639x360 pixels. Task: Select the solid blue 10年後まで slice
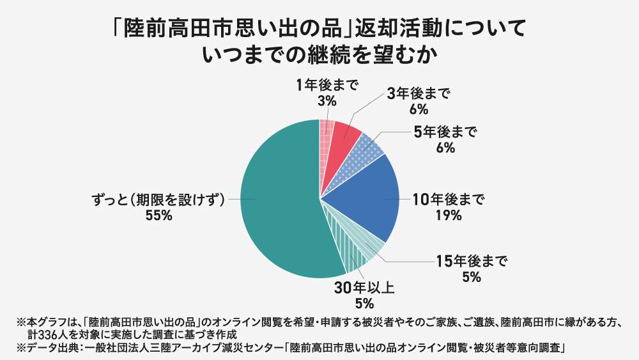pyautogui.click(x=364, y=198)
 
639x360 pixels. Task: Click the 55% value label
pyautogui.click(x=159, y=215)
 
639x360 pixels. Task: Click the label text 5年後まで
pyautogui.click(x=445, y=132)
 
